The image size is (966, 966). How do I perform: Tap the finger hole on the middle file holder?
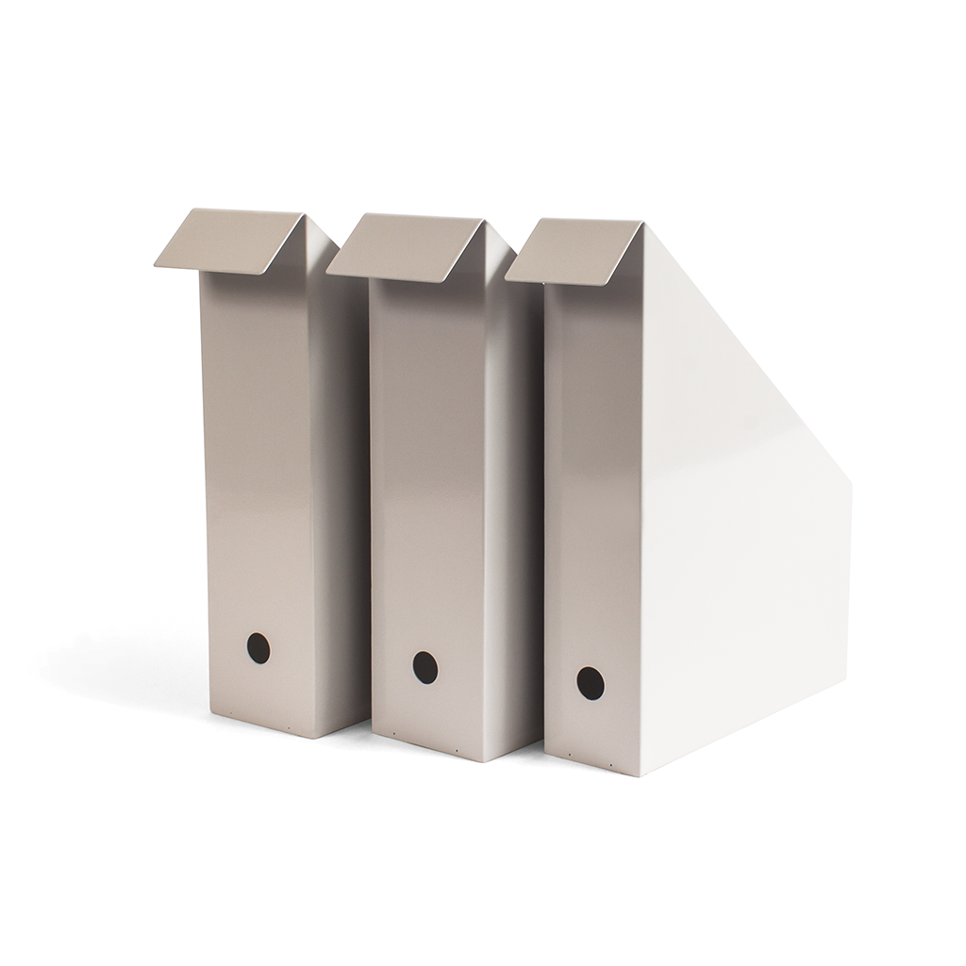[425, 666]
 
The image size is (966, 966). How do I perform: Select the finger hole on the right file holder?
[590, 683]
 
